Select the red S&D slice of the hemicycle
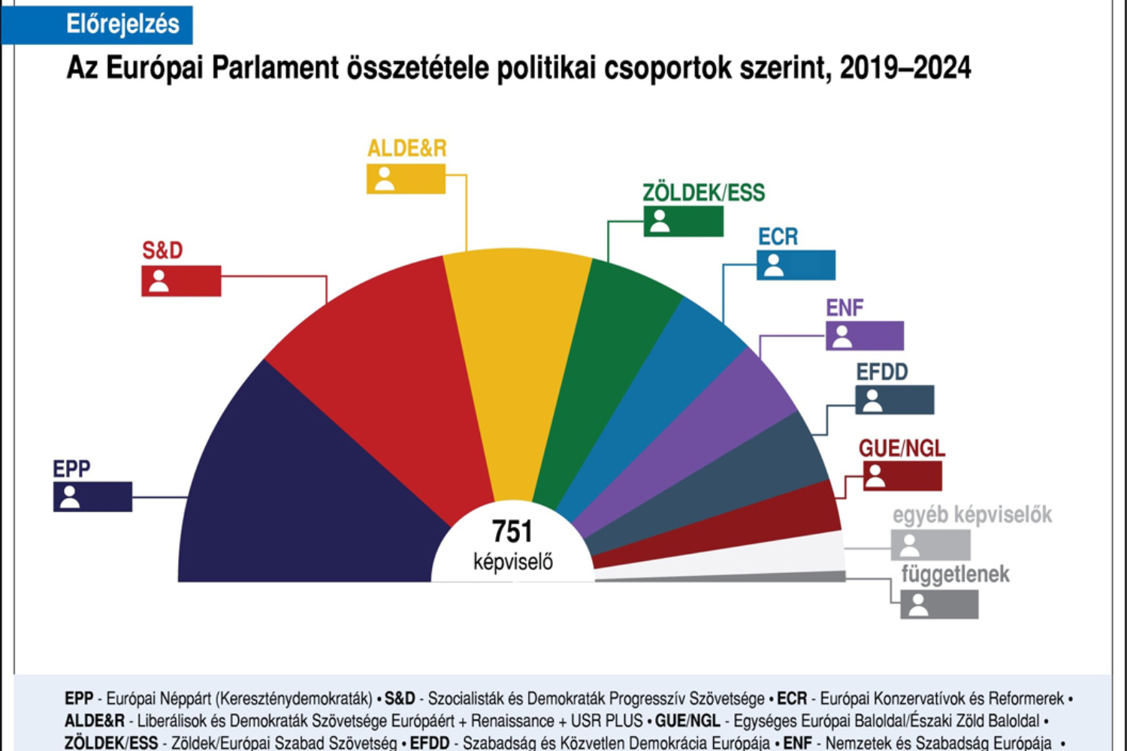pyautogui.click(x=376, y=375)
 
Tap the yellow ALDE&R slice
pyautogui.click(x=518, y=360)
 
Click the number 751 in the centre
pyautogui.click(x=512, y=532)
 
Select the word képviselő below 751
pyautogui.click(x=512, y=561)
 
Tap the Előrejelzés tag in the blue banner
pyautogui.click(x=122, y=24)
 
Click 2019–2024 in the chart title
pyautogui.click(x=905, y=68)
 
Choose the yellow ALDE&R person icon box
pyautogui.click(x=406, y=179)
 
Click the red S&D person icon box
pyautogui.click(x=181, y=281)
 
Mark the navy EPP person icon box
pyautogui.click(x=92, y=496)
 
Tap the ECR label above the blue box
pyautogui.click(x=778, y=237)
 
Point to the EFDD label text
pyautogui.click(x=882, y=372)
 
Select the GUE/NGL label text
pyautogui.click(x=902, y=448)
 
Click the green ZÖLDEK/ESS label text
pyautogui.click(x=703, y=193)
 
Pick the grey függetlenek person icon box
pyautogui.click(x=939, y=605)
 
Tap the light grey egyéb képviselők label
pyautogui.click(x=972, y=515)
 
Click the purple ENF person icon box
pyautogui.click(x=865, y=336)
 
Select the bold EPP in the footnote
pyautogui.click(x=79, y=699)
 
